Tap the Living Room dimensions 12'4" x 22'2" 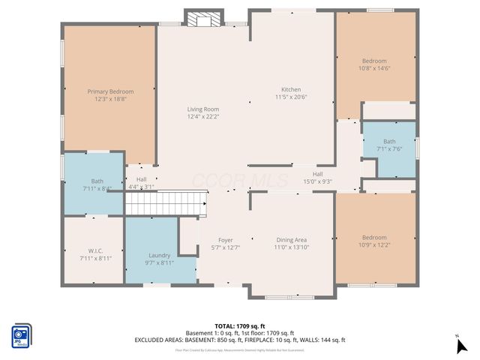202,117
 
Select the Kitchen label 291,89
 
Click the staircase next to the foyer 165,202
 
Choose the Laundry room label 159,255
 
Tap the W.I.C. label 95,250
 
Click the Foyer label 226,240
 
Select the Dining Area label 291,240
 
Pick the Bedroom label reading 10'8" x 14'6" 374,61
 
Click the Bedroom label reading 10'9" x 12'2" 374,238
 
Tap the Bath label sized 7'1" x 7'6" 389,141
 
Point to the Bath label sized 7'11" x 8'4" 97,181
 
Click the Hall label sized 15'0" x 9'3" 317,174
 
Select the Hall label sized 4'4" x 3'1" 141,179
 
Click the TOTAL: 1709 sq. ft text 240,326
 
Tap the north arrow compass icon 461,345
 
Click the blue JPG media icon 21,336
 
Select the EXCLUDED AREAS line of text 240,340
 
